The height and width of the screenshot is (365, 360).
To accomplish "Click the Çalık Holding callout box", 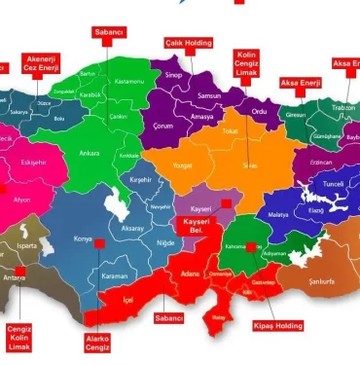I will (188, 44).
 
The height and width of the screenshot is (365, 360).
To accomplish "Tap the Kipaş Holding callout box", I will (278, 324).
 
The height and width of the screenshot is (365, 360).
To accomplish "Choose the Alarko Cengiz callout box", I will (97, 341).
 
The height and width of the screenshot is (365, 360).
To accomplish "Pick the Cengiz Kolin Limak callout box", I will (19, 337).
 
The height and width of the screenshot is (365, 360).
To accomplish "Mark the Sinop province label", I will (173, 74).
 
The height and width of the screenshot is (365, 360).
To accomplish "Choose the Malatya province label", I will (278, 212).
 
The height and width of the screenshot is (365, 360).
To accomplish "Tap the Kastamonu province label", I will (128, 84).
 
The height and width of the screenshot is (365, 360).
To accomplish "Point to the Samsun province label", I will (209, 96).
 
